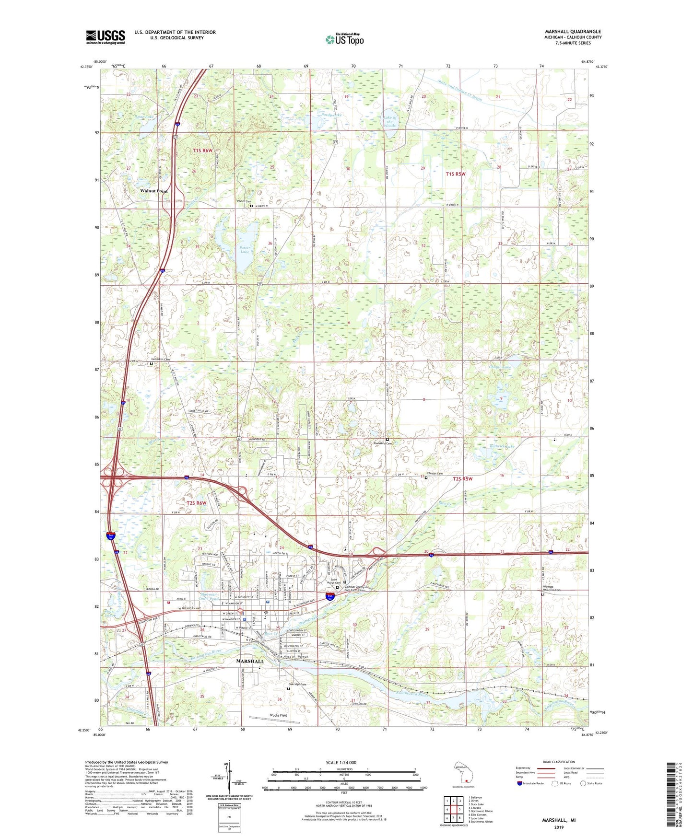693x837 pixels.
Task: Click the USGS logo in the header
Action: (x=105, y=37)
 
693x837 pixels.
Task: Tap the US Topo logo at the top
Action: (x=344, y=39)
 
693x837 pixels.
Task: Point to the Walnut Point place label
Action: (x=154, y=191)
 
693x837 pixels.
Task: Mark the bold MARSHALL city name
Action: (x=250, y=661)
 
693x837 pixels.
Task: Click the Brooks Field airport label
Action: (x=278, y=715)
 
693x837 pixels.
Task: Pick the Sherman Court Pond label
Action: (x=208, y=597)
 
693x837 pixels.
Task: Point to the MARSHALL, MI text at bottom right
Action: (x=559, y=820)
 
